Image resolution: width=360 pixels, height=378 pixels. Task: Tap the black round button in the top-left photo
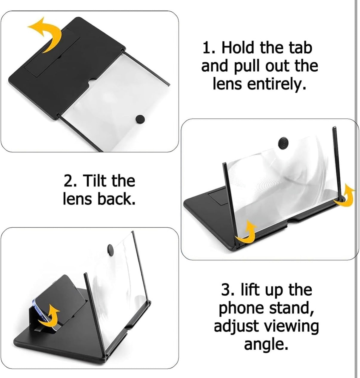[x=140, y=119]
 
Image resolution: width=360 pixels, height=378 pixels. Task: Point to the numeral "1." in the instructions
[x=209, y=48]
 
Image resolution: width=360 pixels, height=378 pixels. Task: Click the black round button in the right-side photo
[x=283, y=143]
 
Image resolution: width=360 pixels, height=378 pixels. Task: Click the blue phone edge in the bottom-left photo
[x=39, y=312]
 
